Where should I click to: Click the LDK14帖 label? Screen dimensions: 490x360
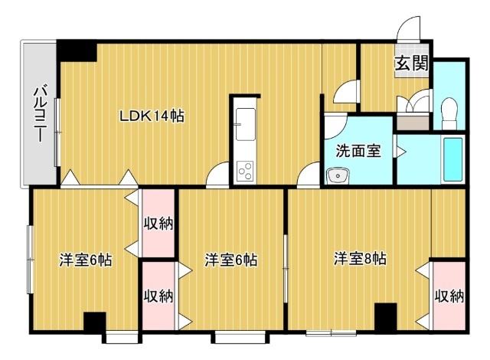pos(152,116)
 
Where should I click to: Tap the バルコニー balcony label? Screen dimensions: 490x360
pos(40,114)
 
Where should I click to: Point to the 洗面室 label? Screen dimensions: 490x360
pos(358,151)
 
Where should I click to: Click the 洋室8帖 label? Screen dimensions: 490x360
pos(360,259)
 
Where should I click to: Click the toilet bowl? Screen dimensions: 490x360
pos(449,113)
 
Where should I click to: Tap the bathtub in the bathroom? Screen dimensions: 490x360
pos(452,159)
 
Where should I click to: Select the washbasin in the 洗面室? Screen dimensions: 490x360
pos(338,176)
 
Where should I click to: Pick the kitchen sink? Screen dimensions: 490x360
pos(246,124)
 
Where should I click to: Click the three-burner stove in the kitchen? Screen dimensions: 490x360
pos(245,171)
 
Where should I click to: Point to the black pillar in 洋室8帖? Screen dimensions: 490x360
pos(386,316)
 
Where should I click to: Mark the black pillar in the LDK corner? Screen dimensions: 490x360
pos(77,51)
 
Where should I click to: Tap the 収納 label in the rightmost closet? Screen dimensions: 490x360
pos(449,296)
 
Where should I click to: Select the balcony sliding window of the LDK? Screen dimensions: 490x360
pos(57,133)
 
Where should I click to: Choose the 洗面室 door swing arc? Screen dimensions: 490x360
pos(336,128)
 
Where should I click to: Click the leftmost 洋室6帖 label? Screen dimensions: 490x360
pos(86,260)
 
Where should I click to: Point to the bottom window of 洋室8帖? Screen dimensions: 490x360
pos(331,332)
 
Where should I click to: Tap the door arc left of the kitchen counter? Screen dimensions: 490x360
pos(217,175)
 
